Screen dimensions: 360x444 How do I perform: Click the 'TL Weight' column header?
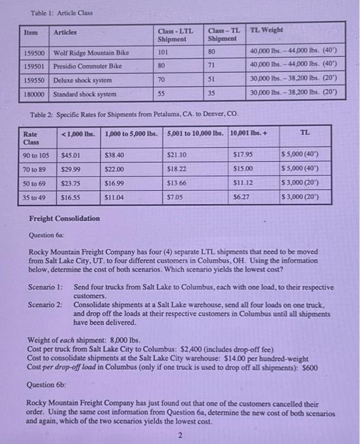(267, 30)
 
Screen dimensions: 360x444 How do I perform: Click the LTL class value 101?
(163, 53)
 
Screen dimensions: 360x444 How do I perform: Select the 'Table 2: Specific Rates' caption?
(134, 114)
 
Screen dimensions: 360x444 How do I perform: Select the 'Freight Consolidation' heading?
(65, 219)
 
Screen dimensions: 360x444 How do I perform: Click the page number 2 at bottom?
(180, 435)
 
